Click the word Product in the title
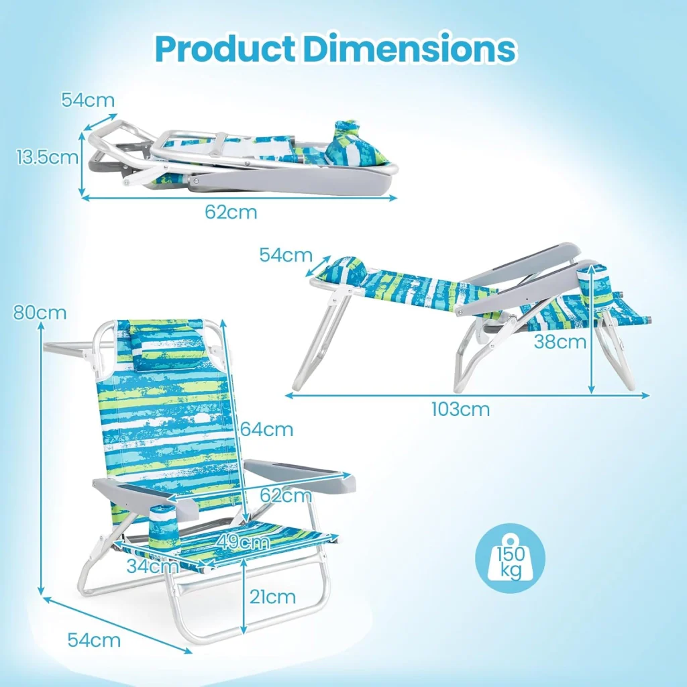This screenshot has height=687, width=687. [225, 48]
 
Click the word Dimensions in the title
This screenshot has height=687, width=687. [410, 48]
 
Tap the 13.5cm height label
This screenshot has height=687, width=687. [48, 157]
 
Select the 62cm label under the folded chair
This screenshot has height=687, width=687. [231, 212]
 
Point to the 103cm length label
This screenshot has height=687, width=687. [460, 409]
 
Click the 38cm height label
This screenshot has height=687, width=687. [560, 341]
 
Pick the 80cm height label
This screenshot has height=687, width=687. [40, 313]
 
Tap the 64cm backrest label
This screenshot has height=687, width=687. [267, 429]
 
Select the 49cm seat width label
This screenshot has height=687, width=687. [242, 542]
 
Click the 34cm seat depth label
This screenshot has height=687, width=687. [152, 566]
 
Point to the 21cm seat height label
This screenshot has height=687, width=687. [272, 596]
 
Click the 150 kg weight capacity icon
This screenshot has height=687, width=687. [511, 558]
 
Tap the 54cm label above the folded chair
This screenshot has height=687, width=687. [88, 100]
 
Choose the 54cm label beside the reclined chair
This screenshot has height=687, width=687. [286, 255]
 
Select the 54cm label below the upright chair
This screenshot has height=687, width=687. [94, 640]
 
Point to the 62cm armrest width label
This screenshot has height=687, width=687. [286, 495]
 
